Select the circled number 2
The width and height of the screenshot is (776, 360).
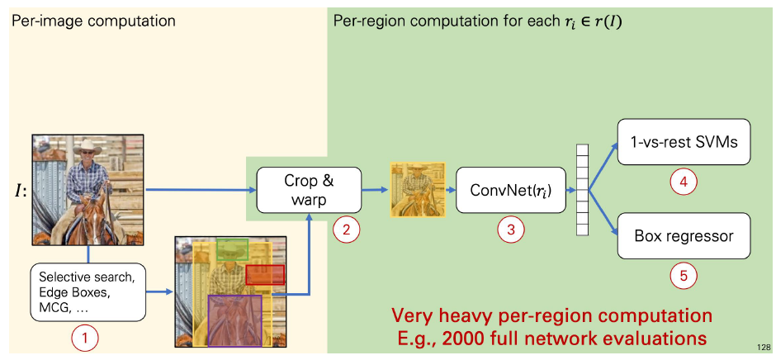(x=348, y=230)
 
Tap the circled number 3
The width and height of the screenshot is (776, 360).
(x=512, y=230)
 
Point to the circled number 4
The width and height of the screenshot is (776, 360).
(x=683, y=181)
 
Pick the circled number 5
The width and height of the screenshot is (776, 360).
(x=683, y=276)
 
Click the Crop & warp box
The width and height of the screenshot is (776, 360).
(x=310, y=190)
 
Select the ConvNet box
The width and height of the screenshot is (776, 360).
(x=512, y=190)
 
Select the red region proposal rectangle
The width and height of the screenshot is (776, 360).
(x=264, y=275)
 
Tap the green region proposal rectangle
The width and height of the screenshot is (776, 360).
(x=232, y=248)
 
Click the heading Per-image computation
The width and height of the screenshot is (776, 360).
(x=92, y=20)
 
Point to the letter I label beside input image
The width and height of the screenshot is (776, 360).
(x=17, y=192)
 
